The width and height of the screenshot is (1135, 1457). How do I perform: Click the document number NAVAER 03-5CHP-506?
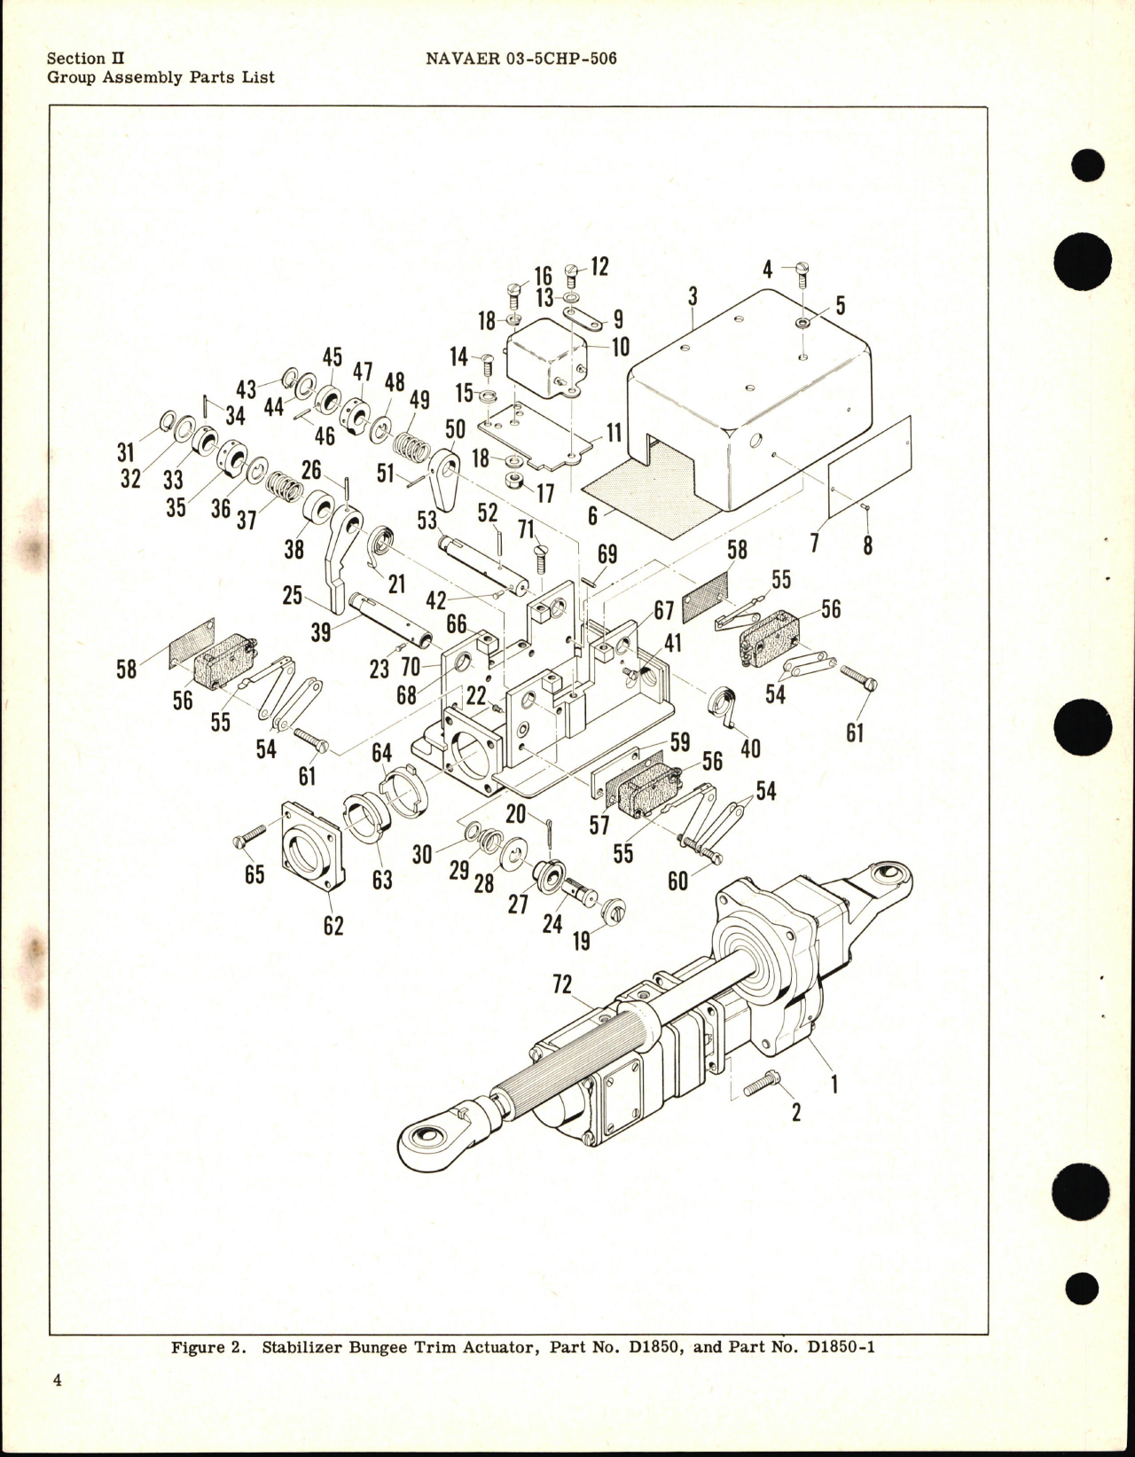tap(521, 59)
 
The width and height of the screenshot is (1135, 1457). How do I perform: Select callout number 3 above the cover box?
tap(693, 296)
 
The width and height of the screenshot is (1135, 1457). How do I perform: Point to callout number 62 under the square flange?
tap(333, 926)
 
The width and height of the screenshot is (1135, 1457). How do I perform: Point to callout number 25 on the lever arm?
tap(293, 595)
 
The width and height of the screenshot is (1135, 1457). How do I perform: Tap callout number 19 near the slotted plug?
tap(581, 940)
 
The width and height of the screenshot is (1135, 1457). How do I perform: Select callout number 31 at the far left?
tap(126, 453)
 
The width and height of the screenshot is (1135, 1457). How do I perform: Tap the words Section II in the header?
tap(85, 59)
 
